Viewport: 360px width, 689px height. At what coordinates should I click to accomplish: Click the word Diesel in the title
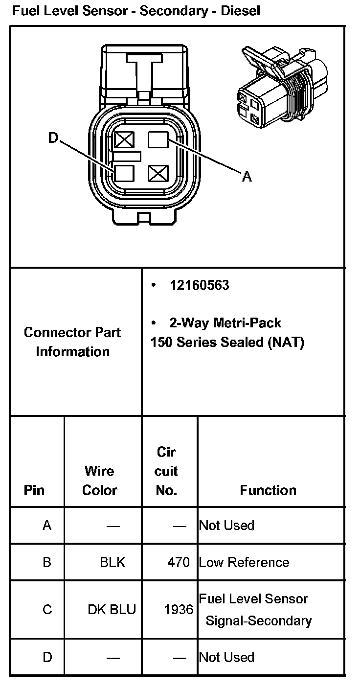pos(240,10)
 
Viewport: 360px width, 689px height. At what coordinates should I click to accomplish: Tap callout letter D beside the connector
pos(53,139)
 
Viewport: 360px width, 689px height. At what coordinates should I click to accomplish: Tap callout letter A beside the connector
pos(247,176)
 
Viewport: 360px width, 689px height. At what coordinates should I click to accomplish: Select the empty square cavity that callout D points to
pos(124,172)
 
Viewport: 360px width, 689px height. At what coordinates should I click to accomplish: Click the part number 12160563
pos(199,285)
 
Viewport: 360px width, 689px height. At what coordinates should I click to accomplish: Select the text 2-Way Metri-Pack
pos(225,323)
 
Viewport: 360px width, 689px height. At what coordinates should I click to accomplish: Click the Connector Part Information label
pos(72,342)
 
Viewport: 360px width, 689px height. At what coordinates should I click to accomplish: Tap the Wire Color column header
pos(99,481)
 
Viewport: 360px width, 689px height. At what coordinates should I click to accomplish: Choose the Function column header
pos(268,490)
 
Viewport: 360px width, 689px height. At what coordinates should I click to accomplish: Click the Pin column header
pos(34,490)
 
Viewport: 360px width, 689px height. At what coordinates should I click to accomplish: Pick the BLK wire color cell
pos(112,562)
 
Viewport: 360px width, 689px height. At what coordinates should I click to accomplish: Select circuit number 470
pos(178,562)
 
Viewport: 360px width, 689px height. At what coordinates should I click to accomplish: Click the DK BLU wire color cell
pos(112,610)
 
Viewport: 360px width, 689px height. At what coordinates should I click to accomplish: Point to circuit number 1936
pos(179,610)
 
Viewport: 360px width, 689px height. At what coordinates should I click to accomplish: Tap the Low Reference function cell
pos(244,562)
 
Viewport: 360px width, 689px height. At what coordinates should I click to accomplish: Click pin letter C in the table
pos(47,610)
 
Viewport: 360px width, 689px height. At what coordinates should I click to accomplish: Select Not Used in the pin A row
pos(226,526)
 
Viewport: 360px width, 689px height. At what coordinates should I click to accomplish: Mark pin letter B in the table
pos(47,562)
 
